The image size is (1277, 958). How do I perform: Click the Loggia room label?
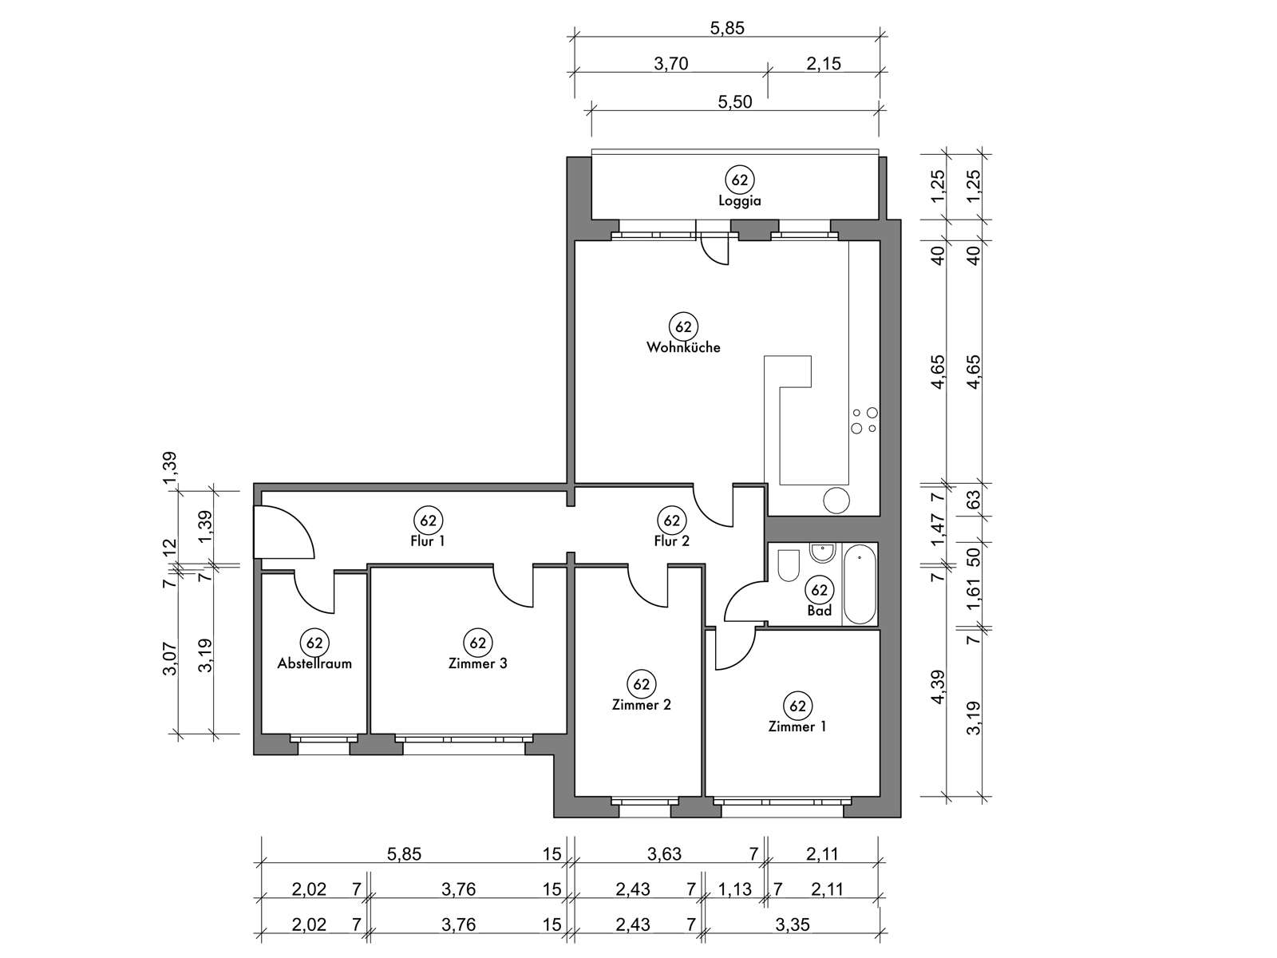[x=739, y=201]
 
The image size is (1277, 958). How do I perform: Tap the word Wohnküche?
[x=683, y=348]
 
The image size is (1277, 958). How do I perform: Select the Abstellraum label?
[x=314, y=663]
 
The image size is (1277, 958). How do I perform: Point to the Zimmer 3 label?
[x=477, y=663]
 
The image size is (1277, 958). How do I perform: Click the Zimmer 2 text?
[x=641, y=705]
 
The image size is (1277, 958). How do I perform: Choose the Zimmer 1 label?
[x=797, y=727]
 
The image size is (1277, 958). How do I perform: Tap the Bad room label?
[x=819, y=611]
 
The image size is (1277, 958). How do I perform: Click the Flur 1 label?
[x=428, y=541]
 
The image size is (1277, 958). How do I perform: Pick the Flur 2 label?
[x=671, y=541]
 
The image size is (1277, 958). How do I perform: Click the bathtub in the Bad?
[x=860, y=584]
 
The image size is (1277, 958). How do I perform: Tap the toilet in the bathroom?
[x=789, y=564]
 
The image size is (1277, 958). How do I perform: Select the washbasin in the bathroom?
[x=823, y=553]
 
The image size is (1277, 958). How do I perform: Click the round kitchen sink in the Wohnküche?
[x=836, y=501]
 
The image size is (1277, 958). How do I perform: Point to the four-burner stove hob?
[x=864, y=421]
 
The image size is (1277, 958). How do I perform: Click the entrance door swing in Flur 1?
[x=284, y=532]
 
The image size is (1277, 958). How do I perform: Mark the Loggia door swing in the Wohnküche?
[x=715, y=250]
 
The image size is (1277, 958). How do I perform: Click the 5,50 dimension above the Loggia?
[x=735, y=102]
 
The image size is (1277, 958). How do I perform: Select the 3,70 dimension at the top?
[x=670, y=64]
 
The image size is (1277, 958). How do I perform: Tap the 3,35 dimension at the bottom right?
[x=793, y=924]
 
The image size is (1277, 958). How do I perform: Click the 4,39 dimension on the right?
[x=938, y=687]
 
